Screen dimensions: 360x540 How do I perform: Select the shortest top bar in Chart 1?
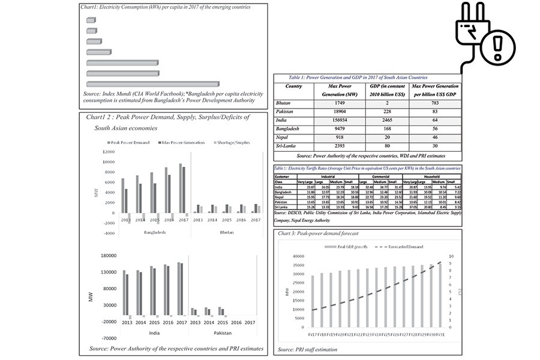click(x=91, y=20)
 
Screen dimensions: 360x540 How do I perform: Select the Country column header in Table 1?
click(x=293, y=86)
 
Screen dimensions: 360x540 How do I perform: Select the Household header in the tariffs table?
click(x=434, y=176)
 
